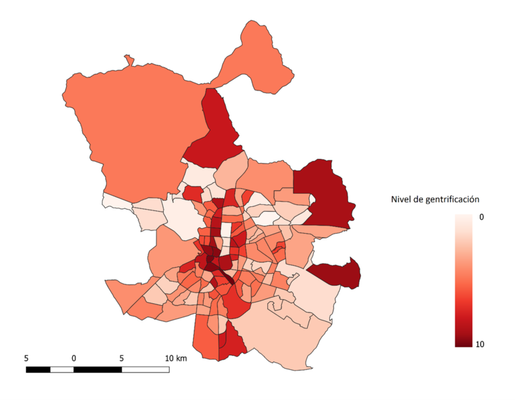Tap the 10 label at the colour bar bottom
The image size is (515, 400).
pos(479,344)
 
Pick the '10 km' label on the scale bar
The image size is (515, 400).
pos(176,358)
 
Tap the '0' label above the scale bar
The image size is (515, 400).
pos(73,358)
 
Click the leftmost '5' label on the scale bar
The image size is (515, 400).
pos(26,358)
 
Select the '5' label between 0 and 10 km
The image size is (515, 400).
pos(122,358)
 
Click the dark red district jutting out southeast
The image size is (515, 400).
pos(337,272)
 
